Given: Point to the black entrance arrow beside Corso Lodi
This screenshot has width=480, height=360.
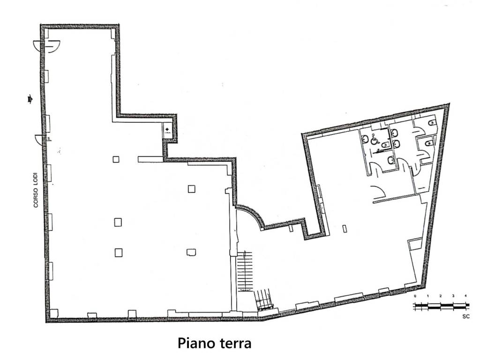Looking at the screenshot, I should coord(30,99).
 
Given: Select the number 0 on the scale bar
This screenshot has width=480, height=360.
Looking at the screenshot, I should coord(415,297).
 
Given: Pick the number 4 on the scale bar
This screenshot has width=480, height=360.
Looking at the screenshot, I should coord(465,297).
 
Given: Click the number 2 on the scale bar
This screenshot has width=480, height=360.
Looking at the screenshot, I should coord(441,297).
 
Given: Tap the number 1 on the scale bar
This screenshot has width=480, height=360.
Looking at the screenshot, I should coord(428,297).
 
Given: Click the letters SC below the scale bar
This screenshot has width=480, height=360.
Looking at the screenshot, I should coord(465,316).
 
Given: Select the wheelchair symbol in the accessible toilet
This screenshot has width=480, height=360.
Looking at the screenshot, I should coord(374,139).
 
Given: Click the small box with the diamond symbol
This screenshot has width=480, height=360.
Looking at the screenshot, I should coord(168,130).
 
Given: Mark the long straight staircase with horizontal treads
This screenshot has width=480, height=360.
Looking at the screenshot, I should coord(245,271).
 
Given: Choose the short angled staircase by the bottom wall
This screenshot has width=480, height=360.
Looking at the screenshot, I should coord(263,300).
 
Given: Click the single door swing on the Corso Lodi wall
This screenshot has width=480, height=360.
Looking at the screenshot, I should coord(41,140).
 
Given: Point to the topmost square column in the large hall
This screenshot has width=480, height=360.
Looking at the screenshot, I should coord(116,159).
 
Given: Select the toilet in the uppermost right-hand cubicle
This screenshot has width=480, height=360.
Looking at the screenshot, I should coord(432,122).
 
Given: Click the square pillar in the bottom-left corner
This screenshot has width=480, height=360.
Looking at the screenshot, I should coord(53,313).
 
